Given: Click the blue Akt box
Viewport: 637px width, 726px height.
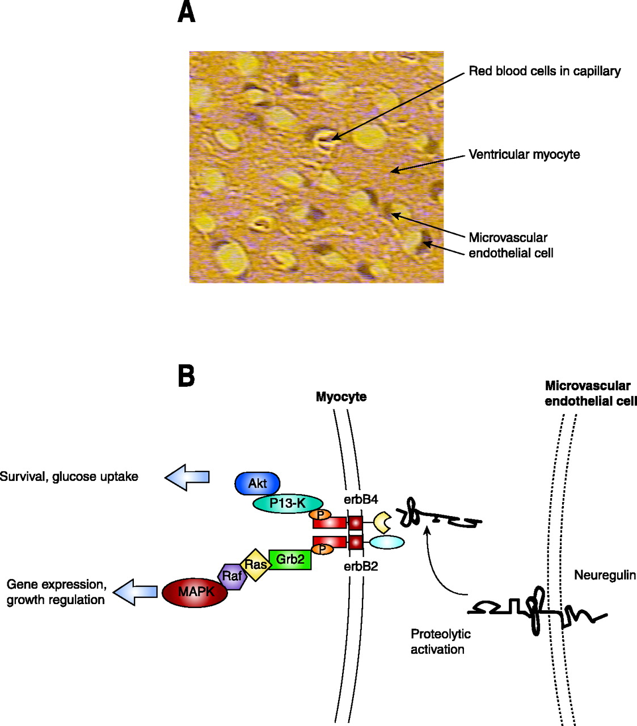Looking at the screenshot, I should [x=258, y=484].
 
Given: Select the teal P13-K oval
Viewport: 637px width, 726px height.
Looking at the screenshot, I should [x=288, y=503].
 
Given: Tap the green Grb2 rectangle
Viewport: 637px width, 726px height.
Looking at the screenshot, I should [x=290, y=559].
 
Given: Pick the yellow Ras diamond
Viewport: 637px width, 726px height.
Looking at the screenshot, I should [x=256, y=564].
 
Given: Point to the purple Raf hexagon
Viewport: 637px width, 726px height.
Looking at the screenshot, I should [x=232, y=577].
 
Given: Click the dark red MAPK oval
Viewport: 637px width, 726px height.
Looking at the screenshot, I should [x=195, y=593].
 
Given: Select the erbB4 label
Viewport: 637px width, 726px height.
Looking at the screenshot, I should [x=361, y=500].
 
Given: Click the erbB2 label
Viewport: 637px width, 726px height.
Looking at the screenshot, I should [x=361, y=565].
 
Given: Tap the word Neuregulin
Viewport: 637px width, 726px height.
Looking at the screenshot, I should [x=605, y=575].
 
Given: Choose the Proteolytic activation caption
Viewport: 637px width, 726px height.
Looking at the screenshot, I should [x=441, y=641].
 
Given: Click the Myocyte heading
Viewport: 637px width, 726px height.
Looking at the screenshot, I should [x=341, y=397].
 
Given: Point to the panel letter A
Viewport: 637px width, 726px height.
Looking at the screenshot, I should [x=186, y=12].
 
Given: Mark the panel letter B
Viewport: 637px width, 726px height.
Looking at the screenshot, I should [x=186, y=375].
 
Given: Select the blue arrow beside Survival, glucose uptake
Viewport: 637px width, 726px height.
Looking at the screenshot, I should [x=187, y=477].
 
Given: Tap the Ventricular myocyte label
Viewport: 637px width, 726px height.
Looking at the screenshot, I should [x=524, y=154].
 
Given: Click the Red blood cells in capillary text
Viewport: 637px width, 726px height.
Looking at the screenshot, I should [x=545, y=71].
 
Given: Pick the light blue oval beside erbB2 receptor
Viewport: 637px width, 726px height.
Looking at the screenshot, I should [x=387, y=542].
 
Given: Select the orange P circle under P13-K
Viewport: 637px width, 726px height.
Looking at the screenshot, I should [x=320, y=515].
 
